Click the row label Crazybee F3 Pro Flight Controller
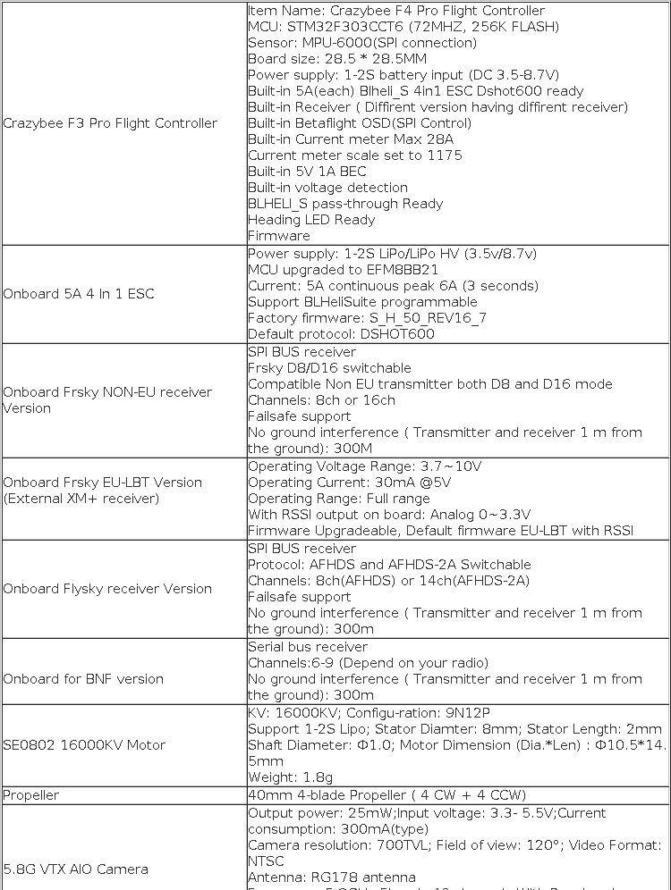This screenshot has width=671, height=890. [x=110, y=123]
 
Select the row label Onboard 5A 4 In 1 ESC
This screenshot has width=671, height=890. [x=80, y=294]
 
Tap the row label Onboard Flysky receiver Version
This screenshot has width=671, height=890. [x=107, y=589]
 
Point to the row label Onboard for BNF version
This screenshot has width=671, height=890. [x=83, y=679]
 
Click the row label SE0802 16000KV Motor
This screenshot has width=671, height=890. [x=84, y=744]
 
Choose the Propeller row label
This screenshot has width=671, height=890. [x=31, y=795]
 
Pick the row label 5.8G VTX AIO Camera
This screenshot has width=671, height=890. [x=76, y=869]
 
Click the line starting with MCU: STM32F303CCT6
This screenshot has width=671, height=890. [x=403, y=27]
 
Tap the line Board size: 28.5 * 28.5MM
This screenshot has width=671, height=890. [x=337, y=59]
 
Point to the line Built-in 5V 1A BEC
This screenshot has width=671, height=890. [x=307, y=172]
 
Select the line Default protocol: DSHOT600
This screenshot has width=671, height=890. [x=341, y=334]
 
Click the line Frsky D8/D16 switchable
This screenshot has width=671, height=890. [x=329, y=368]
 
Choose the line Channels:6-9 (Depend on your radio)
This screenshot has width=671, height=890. [x=368, y=663]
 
